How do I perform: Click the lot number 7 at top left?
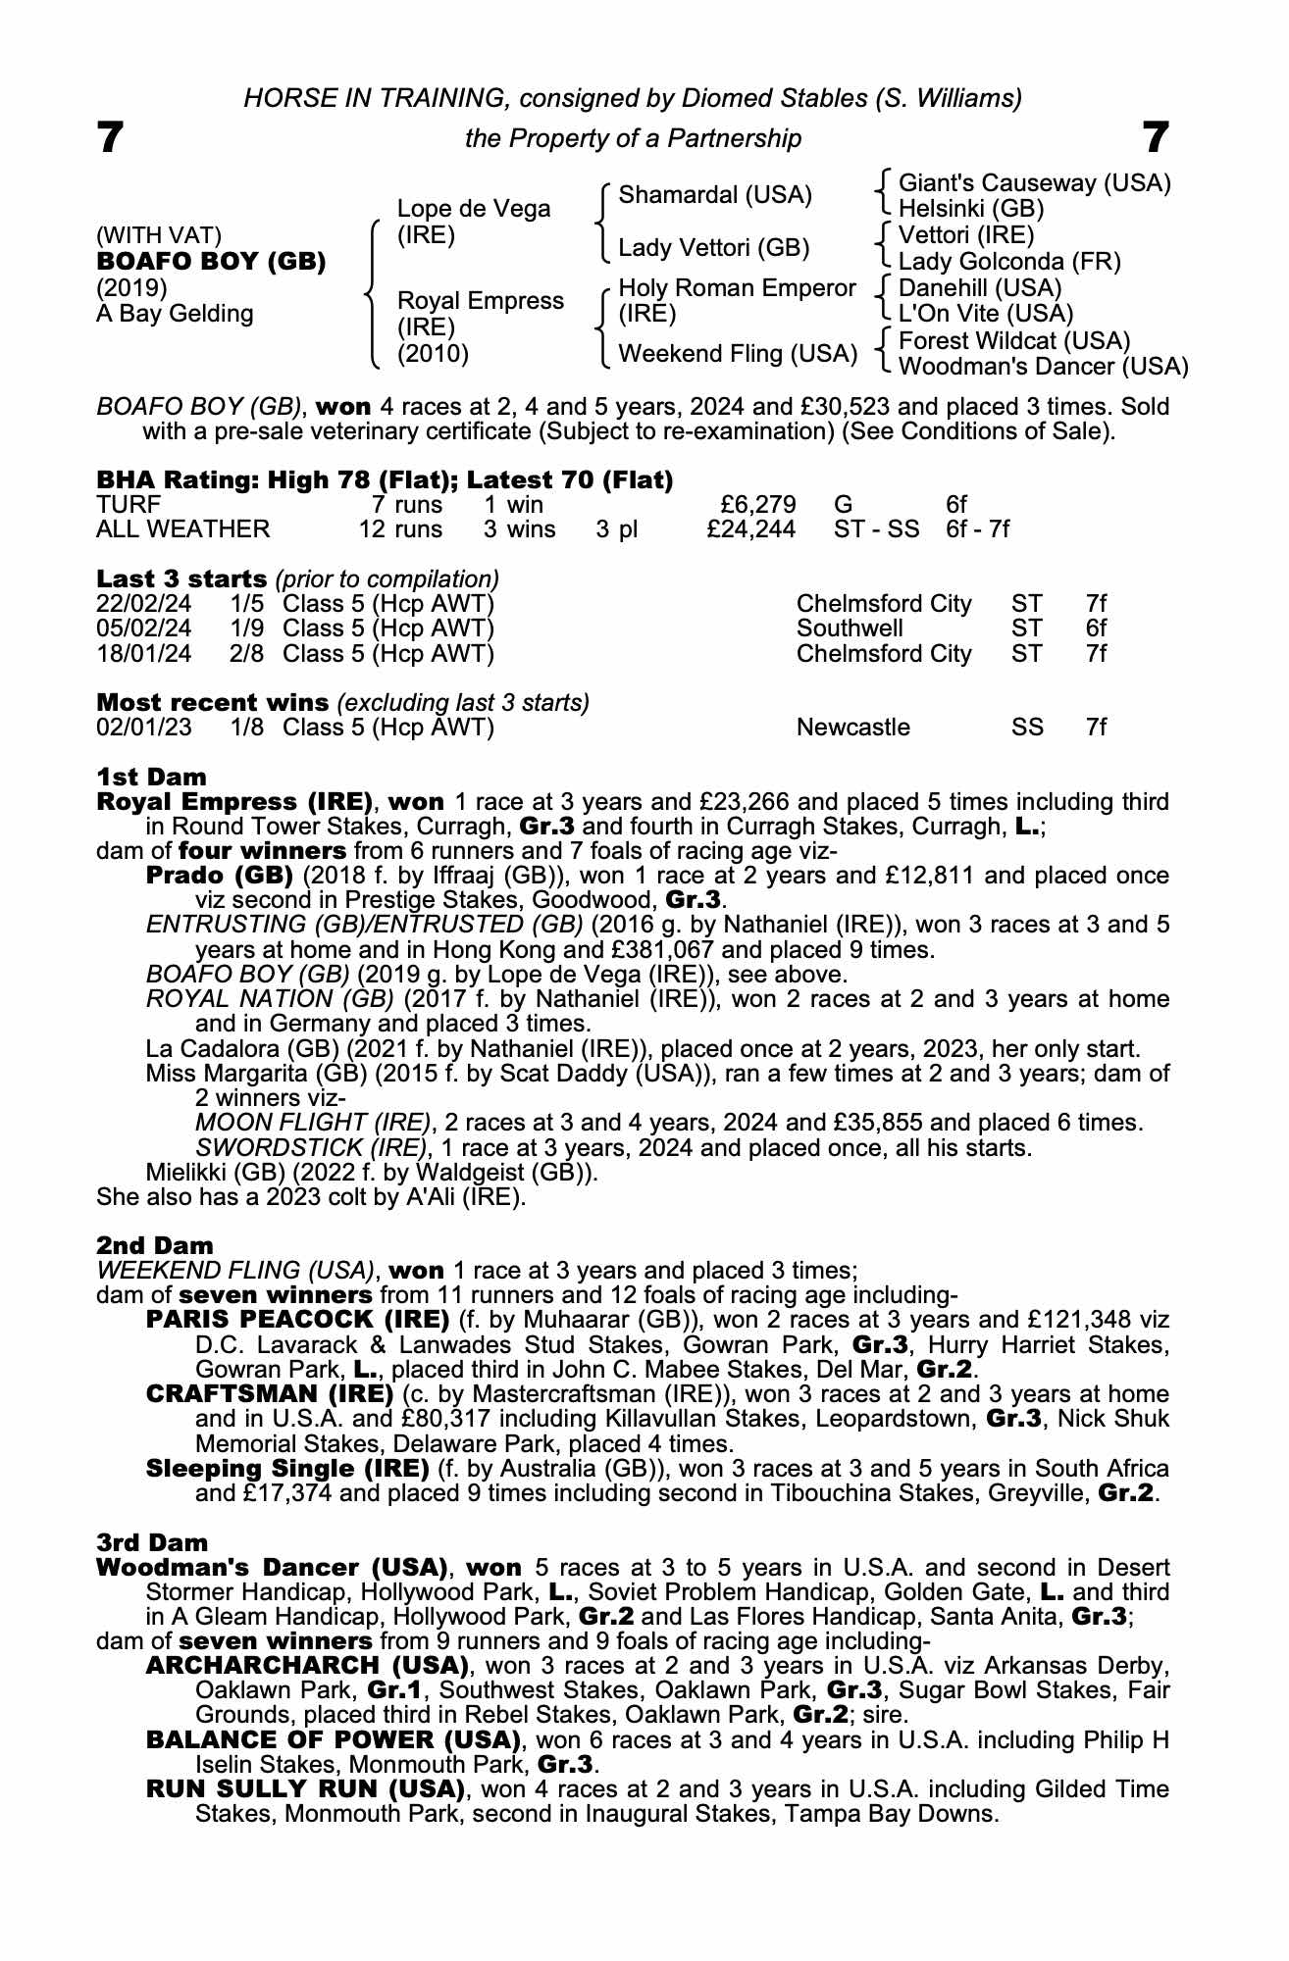point(110,138)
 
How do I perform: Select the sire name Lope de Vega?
point(473,209)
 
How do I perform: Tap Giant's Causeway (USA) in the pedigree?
point(1034,183)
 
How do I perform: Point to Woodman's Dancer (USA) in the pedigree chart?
point(1043,367)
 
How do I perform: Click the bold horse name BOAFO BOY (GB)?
point(211,262)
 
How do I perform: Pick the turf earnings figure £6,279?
point(757,504)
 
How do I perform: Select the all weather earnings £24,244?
point(750,529)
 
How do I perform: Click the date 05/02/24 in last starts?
point(144,629)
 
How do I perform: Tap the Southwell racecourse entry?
point(850,629)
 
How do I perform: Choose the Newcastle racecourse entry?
point(852,728)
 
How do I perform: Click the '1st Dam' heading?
point(151,777)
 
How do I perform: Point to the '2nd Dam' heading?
point(154,1245)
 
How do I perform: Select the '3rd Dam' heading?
point(152,1542)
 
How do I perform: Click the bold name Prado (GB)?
point(219,875)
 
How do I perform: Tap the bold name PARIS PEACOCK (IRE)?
point(297,1320)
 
